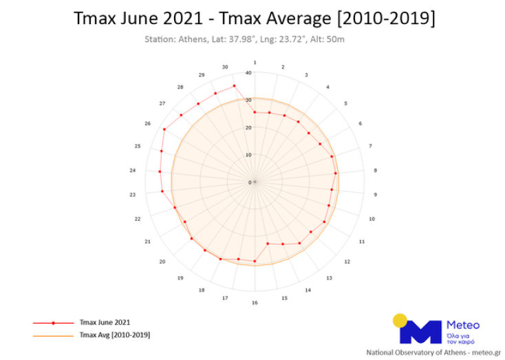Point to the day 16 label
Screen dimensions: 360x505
coord(255,303)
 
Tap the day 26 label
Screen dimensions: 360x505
coord(147,123)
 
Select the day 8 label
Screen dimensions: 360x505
coord(375,170)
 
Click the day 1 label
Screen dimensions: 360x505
coord(255,62)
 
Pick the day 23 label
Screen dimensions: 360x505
coord(132,195)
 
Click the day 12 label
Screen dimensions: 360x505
coord(347,262)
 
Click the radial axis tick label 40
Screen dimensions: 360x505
coord(248,73)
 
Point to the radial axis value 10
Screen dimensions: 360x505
coord(249,155)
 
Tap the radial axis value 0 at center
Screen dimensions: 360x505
coord(250,182)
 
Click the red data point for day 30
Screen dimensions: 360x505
coord(234,85)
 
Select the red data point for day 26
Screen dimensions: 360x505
coord(164,129)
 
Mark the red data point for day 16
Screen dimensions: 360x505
coord(255,262)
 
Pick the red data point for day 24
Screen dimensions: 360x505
coord(160,171)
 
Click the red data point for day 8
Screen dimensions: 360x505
coord(335,173)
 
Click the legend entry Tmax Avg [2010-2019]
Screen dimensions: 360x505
coord(114,335)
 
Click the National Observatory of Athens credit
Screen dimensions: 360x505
coord(434,352)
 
